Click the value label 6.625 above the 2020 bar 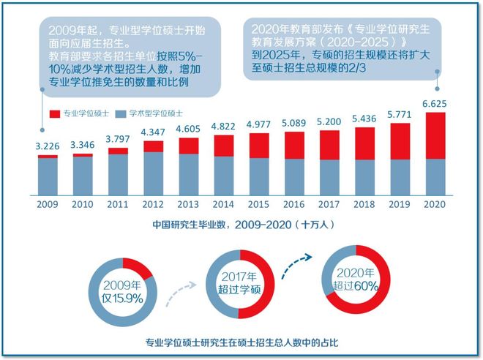[x=435, y=102]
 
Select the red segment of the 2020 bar [x=435, y=135]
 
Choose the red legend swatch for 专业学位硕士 [x=55, y=114]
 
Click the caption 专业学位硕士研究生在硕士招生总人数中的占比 [x=241, y=342]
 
